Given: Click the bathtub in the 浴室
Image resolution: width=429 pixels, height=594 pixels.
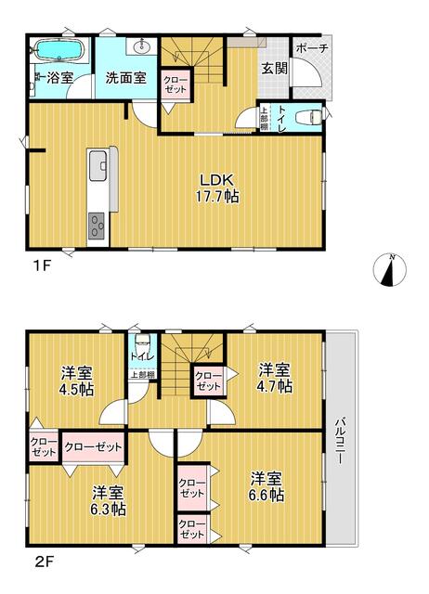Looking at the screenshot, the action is (58, 51).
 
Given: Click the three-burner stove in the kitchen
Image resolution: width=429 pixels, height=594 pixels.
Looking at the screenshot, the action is (97, 226).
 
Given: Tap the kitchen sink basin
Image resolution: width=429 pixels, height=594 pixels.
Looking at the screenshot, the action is (99, 165).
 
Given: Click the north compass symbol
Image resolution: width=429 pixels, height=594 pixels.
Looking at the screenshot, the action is (390, 270).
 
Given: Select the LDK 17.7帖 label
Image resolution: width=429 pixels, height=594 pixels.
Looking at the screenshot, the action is (216, 188).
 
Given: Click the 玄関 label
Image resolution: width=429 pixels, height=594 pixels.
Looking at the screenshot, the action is (275, 69).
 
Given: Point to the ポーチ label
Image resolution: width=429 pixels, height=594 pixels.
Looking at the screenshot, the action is (312, 48).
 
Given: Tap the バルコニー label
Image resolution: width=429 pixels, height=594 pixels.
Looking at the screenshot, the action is (340, 441).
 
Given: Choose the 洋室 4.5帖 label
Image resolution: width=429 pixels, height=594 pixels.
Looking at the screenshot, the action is (77, 381).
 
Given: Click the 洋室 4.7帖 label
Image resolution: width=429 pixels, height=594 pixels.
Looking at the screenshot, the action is (275, 378).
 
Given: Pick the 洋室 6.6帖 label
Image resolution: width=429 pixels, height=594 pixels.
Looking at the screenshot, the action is (267, 487).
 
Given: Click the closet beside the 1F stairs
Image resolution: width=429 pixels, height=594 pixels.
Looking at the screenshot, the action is (175, 84).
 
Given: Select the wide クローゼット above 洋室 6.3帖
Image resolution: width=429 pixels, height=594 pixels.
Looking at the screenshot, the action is (93, 447).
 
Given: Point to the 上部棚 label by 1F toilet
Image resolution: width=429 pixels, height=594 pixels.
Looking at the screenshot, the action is (264, 118).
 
